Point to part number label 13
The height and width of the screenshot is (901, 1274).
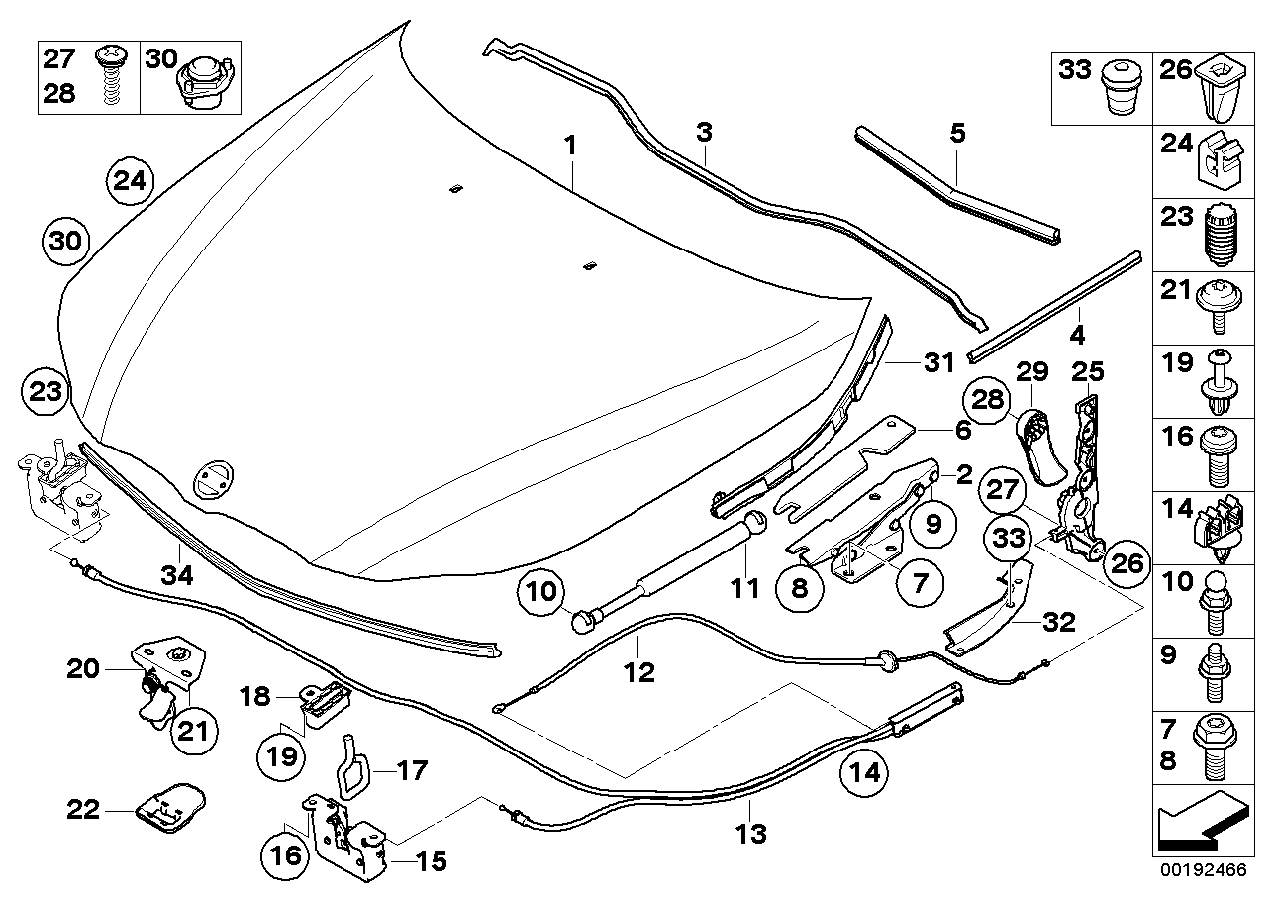tap(751, 833)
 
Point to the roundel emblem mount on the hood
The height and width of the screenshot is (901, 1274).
tap(213, 478)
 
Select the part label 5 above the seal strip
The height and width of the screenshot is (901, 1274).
tap(956, 133)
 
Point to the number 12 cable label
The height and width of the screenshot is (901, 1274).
tap(639, 672)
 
